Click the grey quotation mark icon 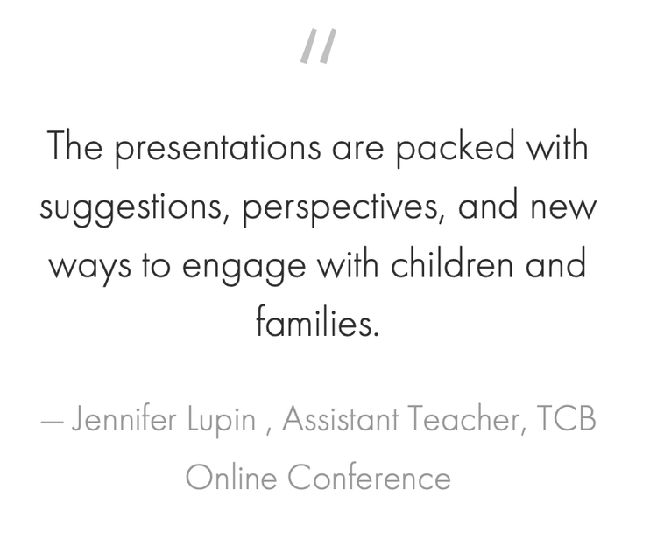319,46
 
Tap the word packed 454,147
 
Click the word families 317,323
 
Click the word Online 231,478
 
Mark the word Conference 369,478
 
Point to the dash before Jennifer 52,422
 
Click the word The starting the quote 75,146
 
